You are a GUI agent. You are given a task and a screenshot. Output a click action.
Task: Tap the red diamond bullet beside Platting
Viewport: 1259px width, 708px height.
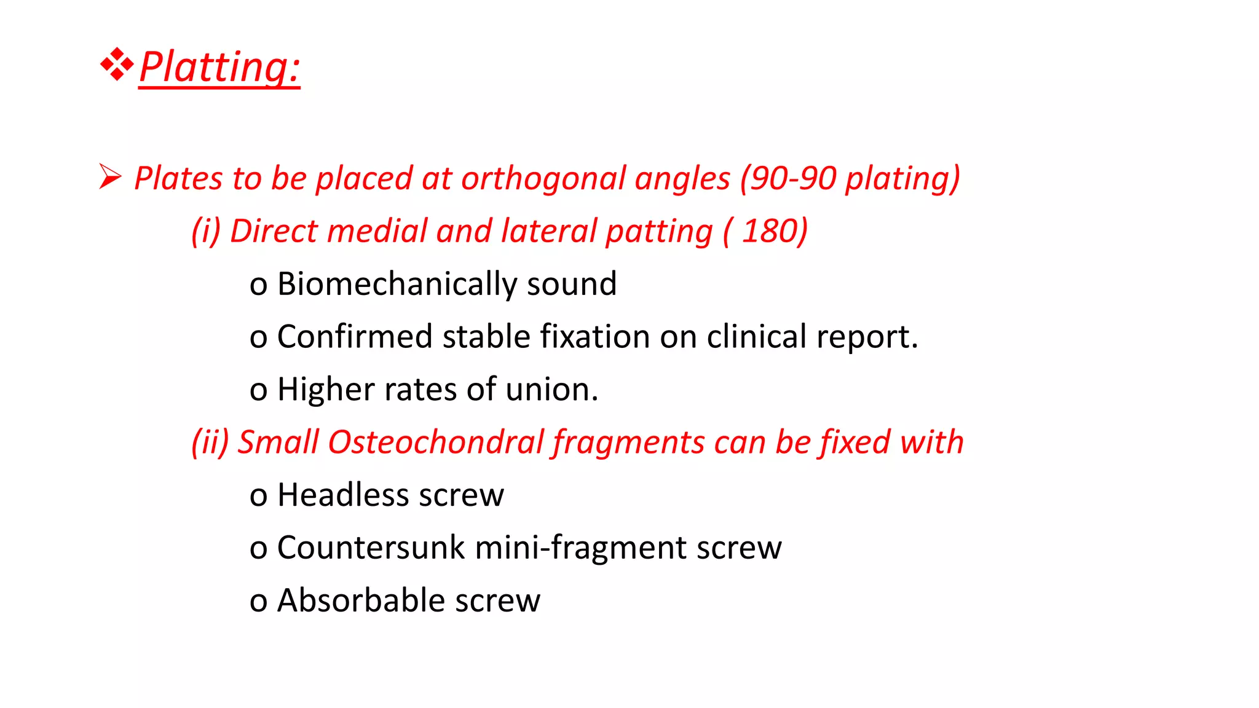point(117,64)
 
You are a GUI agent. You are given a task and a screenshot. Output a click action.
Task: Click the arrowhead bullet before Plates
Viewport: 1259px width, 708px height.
point(110,177)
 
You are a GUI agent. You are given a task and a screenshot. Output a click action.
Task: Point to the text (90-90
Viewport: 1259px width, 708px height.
point(787,179)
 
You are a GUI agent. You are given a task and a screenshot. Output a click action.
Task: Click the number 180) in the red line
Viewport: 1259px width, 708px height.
point(774,231)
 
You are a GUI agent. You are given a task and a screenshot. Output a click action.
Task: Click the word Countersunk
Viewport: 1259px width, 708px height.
point(371,548)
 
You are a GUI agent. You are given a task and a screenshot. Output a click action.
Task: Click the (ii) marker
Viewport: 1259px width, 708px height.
point(210,442)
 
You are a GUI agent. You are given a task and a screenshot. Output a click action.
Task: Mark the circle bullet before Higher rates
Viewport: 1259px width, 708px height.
point(258,391)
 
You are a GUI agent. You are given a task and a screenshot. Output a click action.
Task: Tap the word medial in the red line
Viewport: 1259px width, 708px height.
point(377,231)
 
